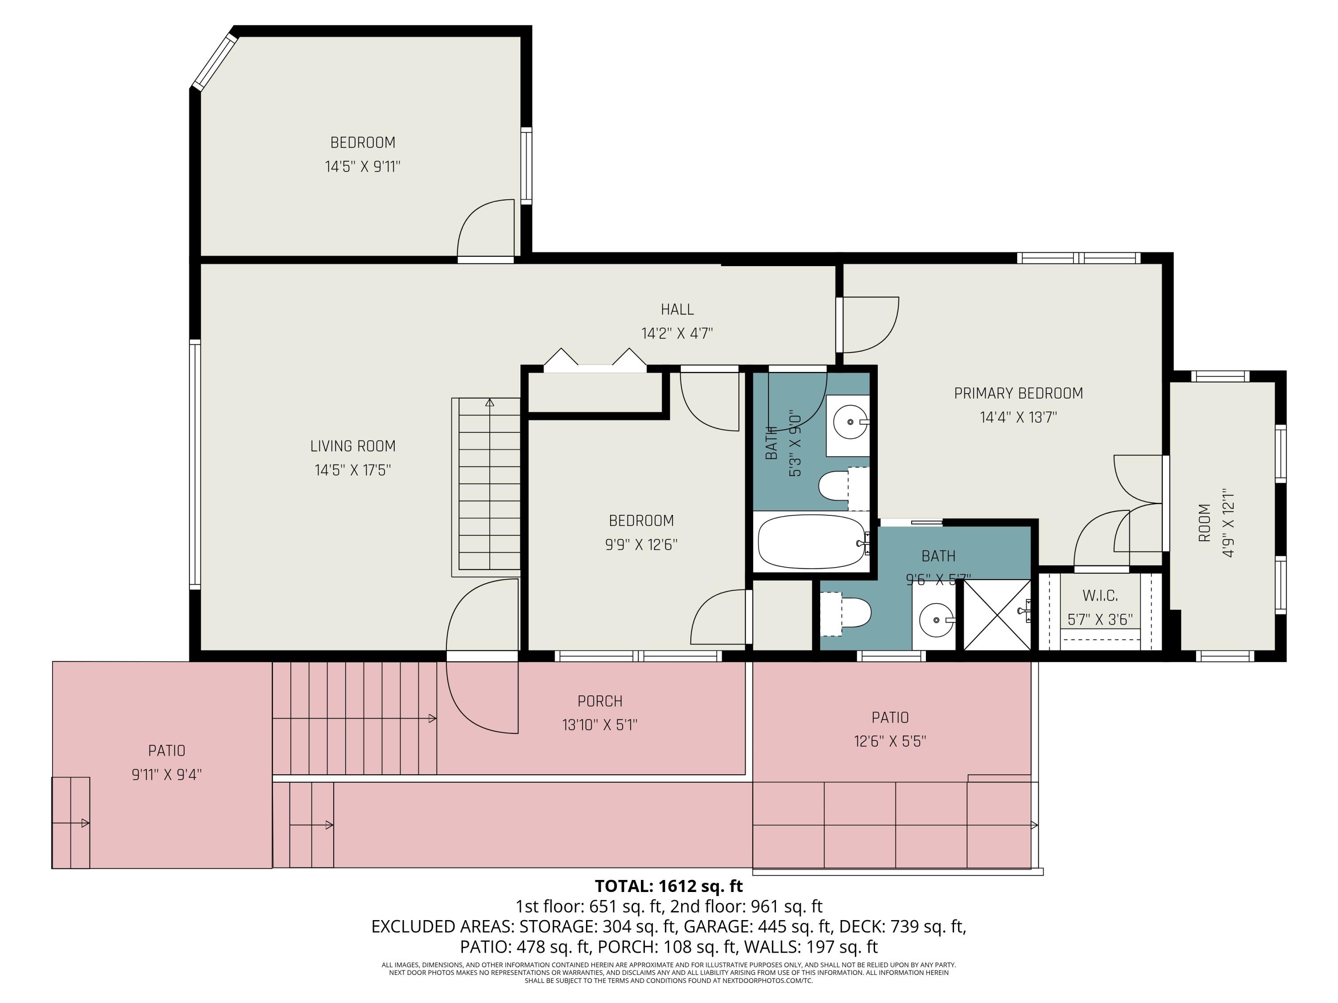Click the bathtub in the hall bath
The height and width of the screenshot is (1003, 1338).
point(810,541)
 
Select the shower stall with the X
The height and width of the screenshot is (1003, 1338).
point(996,614)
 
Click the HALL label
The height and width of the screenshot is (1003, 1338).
point(677,309)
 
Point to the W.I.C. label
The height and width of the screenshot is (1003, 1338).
point(1100,596)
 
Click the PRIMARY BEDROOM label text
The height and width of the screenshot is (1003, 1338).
point(1018,394)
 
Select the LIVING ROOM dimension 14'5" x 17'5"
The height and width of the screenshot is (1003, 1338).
point(353,470)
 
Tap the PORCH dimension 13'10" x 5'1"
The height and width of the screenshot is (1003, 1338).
point(599,725)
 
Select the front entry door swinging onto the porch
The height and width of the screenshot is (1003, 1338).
point(482,695)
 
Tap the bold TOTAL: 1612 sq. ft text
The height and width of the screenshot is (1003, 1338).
point(669,886)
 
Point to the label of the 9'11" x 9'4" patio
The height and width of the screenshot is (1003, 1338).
point(166,751)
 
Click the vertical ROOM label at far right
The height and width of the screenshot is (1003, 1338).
point(1204,522)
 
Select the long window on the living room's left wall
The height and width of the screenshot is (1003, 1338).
point(195,464)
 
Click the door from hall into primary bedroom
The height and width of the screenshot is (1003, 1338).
point(869,325)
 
